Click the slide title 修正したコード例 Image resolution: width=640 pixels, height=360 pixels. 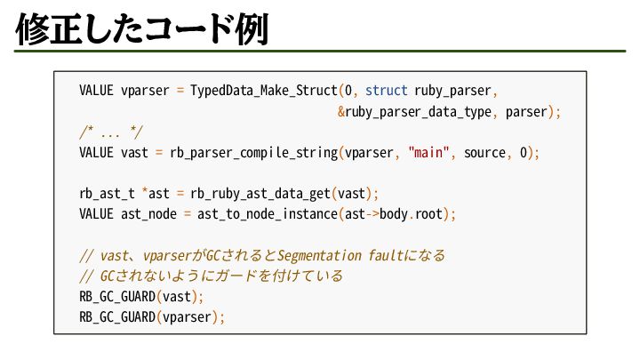point(142,32)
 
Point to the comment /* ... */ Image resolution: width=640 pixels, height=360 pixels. point(110,132)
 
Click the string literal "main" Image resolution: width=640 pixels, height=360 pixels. point(431,152)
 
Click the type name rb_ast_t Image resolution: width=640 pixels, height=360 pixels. point(109,193)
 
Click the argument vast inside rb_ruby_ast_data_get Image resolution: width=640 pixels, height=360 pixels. point(351,193)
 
